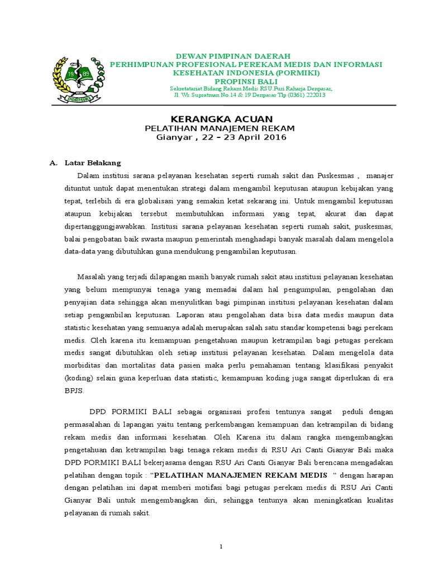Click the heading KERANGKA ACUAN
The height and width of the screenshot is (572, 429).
pos(221,119)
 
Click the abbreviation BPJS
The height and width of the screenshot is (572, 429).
pos(74,391)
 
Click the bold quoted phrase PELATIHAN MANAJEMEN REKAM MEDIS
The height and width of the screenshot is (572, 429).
pos(240,476)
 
